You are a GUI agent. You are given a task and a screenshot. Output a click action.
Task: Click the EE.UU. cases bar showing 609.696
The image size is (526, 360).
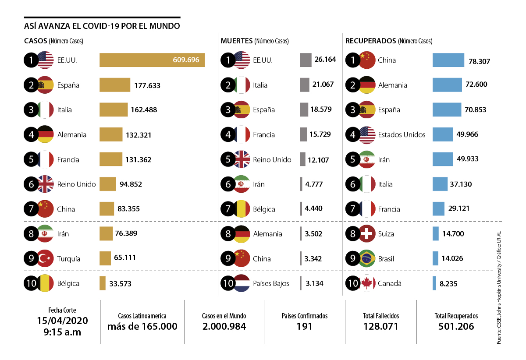click(x=152, y=60)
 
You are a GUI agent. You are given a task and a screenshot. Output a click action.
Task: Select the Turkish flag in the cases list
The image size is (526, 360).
click(x=45, y=259)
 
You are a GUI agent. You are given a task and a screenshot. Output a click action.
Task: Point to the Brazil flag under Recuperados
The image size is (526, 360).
click(x=367, y=259)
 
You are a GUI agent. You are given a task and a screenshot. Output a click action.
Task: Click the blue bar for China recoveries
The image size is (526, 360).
click(x=448, y=60)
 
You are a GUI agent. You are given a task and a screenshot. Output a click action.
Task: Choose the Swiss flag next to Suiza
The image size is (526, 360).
click(x=367, y=234)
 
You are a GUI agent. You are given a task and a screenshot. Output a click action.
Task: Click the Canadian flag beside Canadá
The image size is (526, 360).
click(x=367, y=283)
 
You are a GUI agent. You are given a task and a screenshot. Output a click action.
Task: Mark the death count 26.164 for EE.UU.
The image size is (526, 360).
click(x=325, y=59)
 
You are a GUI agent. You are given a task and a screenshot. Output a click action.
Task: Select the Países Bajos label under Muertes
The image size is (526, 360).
click(x=271, y=283)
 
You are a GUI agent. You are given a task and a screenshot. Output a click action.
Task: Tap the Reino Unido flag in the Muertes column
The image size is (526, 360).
click(x=242, y=159)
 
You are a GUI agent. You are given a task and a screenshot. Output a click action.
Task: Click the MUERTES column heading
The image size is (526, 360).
click(x=236, y=41)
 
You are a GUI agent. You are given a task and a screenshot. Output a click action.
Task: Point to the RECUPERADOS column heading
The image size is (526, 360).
click(x=371, y=41)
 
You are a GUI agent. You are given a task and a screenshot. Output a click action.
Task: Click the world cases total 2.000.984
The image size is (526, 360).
click(x=224, y=326)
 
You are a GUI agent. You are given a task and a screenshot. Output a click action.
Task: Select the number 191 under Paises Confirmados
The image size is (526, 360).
click(x=304, y=326)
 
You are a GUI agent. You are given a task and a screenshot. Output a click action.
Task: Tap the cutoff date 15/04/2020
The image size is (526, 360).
click(x=62, y=321)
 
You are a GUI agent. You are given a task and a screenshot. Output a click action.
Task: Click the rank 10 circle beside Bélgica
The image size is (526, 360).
click(x=31, y=283)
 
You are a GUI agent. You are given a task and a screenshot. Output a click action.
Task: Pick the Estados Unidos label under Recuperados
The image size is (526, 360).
click(x=402, y=134)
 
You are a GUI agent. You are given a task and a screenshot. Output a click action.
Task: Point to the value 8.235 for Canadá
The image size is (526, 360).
click(x=448, y=284)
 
